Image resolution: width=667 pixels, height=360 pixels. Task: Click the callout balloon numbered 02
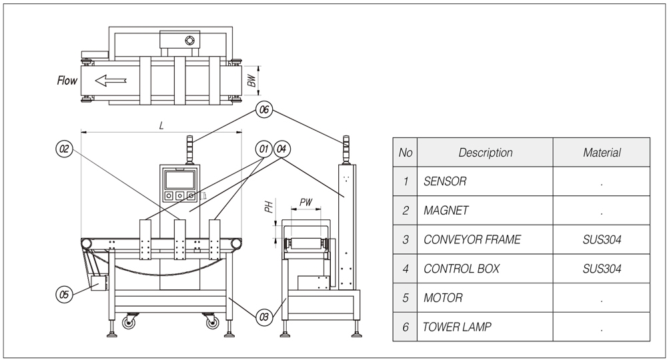pyautogui.click(x=64, y=150)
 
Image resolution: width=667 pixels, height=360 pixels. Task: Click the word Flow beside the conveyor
pyautogui.click(x=67, y=81)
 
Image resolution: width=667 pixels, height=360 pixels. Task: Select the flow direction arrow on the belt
pyautogui.click(x=110, y=81)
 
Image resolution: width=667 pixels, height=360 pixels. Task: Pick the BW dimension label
pyautogui.click(x=251, y=81)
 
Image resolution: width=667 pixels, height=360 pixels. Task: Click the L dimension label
pyautogui.click(x=161, y=125)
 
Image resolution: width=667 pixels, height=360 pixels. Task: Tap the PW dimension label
pyautogui.click(x=306, y=201)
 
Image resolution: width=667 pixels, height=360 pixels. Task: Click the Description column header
pyautogui.click(x=486, y=153)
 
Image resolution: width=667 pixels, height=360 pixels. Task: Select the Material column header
pyautogui.click(x=602, y=153)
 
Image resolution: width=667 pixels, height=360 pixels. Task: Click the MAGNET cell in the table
pyautogui.click(x=446, y=211)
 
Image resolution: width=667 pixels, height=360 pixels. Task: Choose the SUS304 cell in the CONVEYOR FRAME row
pyautogui.click(x=602, y=240)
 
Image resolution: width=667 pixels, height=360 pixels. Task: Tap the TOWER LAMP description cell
pyautogui.click(x=452, y=327)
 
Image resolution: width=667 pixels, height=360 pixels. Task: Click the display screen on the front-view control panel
pyautogui.click(x=179, y=179)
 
